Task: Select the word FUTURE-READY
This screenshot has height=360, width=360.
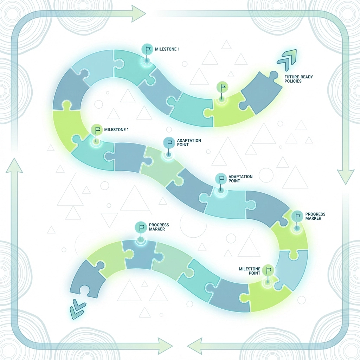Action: pos(298,76)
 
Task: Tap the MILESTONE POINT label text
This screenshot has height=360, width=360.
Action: pos(250,271)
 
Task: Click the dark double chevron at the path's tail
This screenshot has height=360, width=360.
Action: pos(77,308)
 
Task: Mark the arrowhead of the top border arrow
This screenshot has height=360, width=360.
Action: pos(139,13)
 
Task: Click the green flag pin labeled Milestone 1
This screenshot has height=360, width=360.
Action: pos(97,130)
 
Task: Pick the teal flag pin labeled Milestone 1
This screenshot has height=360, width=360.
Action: pos(147,49)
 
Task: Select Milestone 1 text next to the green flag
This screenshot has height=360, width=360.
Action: pos(117,130)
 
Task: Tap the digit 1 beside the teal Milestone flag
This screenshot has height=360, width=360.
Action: pos(178,49)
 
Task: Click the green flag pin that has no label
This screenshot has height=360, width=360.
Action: pos(222,87)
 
